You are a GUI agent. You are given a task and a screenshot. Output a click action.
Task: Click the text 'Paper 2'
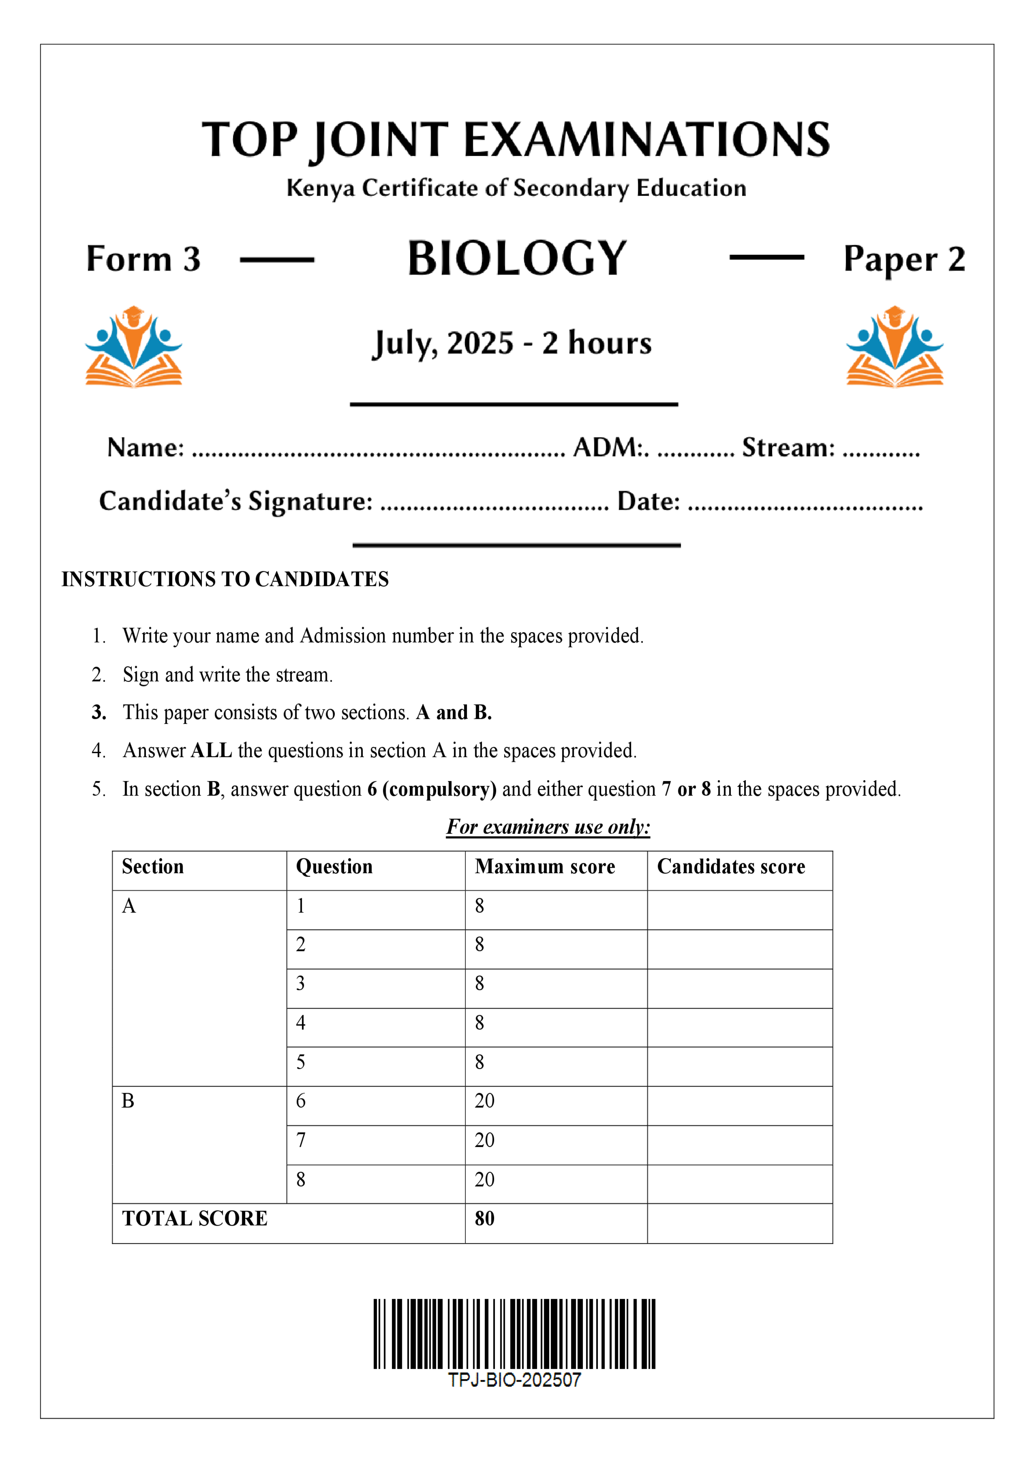pos(904,259)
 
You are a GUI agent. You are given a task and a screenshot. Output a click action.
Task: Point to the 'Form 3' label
pos(143,259)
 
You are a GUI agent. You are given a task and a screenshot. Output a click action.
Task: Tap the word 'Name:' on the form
pos(145,448)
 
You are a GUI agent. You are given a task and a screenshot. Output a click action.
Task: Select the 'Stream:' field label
pos(788,448)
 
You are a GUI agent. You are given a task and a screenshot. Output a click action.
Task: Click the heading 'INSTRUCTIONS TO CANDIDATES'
pos(225,579)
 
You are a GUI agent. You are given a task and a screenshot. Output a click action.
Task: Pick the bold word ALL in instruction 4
pos(211,751)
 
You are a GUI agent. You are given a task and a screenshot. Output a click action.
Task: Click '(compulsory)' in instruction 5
pos(439,790)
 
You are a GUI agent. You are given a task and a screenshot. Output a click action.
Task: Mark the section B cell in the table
pos(128,1101)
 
